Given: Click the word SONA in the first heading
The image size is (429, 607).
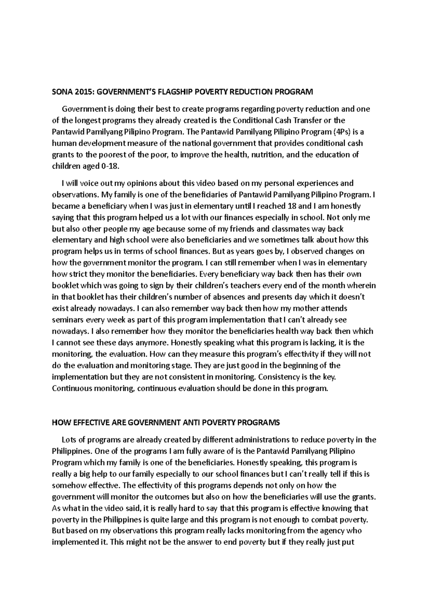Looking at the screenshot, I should point(61,92).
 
